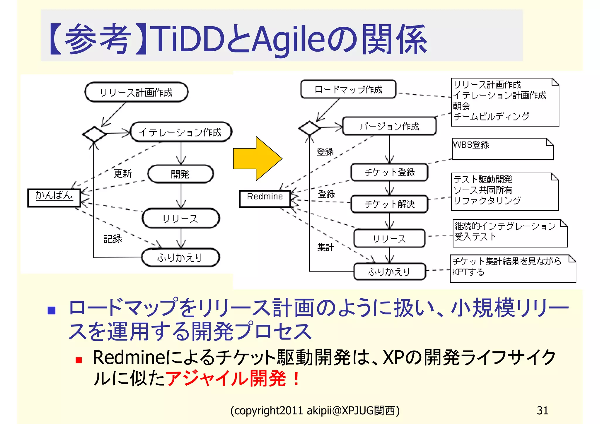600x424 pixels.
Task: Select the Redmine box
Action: click(265, 199)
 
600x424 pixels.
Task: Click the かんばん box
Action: click(54, 198)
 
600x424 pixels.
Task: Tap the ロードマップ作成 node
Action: click(348, 89)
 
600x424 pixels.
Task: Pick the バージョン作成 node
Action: click(389, 126)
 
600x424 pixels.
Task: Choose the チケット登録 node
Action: click(389, 172)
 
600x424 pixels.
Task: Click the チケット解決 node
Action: click(389, 204)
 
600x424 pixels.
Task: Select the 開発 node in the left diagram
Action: click(180, 174)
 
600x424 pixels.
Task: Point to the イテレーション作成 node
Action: click(180, 132)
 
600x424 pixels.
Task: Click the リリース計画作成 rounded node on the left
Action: click(136, 92)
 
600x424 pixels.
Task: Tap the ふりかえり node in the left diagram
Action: click(180, 258)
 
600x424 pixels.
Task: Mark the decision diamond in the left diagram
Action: click(94, 134)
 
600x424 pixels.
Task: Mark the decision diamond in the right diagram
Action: click(309, 128)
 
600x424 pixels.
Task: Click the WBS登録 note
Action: click(502, 149)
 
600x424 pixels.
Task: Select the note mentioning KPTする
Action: click(512, 268)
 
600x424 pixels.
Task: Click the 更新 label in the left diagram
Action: click(123, 173)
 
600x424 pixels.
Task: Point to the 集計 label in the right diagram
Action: click(325, 247)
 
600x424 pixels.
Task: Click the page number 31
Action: click(542, 410)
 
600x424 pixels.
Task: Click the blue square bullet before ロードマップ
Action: click(52, 310)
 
